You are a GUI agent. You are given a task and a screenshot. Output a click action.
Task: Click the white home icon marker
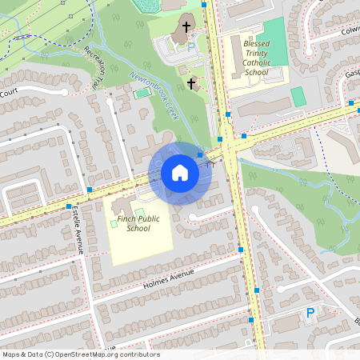click(179, 173)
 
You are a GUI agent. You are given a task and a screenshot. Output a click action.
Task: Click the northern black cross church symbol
click(186, 28)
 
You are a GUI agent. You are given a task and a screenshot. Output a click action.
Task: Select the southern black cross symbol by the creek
click(191, 82)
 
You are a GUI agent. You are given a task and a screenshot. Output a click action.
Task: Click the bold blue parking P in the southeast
click(310, 314)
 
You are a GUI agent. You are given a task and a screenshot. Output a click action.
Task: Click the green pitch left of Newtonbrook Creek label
click(142, 94)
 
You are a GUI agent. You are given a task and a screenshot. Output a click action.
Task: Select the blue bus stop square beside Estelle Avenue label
click(68, 206)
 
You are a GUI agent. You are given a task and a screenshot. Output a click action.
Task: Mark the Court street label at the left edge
click(9, 94)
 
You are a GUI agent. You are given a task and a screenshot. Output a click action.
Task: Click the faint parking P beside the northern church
click(190, 48)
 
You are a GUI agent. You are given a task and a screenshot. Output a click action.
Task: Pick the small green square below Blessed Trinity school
click(298, 97)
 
